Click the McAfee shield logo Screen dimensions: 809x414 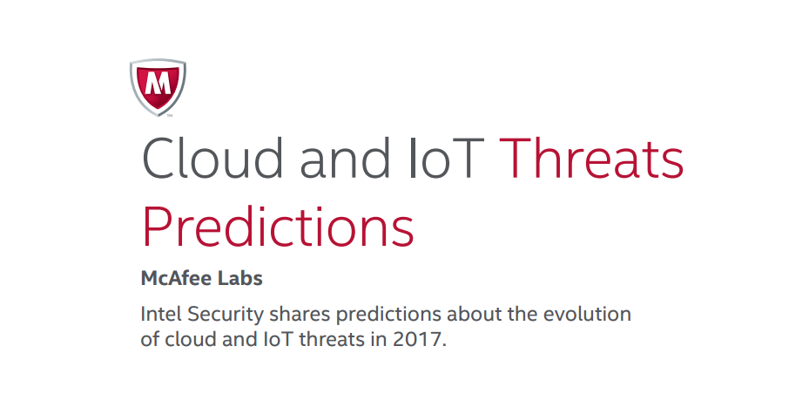point(158,87)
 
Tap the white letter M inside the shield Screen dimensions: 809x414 point(158,83)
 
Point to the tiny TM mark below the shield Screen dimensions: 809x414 point(170,116)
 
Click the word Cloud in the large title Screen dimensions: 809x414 point(212,158)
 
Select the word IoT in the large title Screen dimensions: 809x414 point(446,158)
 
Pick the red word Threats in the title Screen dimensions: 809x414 point(592,158)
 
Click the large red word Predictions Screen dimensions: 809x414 point(278,226)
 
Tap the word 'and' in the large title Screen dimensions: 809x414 point(345,158)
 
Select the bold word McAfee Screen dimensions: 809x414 point(175,278)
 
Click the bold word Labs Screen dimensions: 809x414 point(239,278)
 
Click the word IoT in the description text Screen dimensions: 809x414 point(279,340)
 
